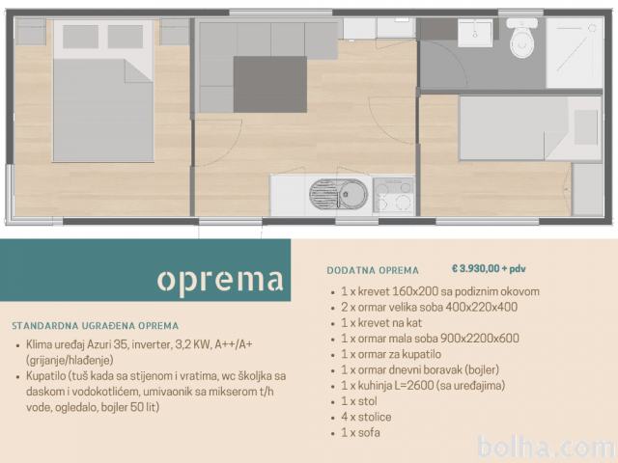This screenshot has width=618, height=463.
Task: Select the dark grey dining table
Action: pyautogui.click(x=270, y=84)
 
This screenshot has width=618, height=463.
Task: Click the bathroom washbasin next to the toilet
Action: pyautogui.click(x=475, y=33)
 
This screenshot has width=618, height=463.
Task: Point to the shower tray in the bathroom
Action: pyautogui.click(x=575, y=53)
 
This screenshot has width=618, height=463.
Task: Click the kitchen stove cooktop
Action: pyautogui.click(x=393, y=195)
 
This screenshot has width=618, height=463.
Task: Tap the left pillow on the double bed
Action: pyautogui.click(x=80, y=37)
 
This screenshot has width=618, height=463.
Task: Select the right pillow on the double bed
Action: pyautogui.click(x=126, y=37)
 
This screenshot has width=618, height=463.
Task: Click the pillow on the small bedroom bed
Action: pyautogui.click(x=586, y=127)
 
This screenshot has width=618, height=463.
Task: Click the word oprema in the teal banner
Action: pyautogui.click(x=220, y=281)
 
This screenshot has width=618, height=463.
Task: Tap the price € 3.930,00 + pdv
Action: pyautogui.click(x=489, y=269)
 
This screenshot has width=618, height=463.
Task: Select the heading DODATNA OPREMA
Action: pyautogui.click(x=373, y=270)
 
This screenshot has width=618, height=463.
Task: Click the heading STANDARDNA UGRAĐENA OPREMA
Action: pyautogui.click(x=95, y=326)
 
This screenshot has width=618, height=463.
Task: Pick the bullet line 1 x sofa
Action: pyautogui.click(x=360, y=433)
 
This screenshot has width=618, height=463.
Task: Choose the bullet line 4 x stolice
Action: pyautogui.click(x=366, y=417)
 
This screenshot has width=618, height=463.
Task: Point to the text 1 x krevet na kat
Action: pyautogui.click(x=381, y=323)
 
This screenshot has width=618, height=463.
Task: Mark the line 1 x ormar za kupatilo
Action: pyautogui.click(x=391, y=354)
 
